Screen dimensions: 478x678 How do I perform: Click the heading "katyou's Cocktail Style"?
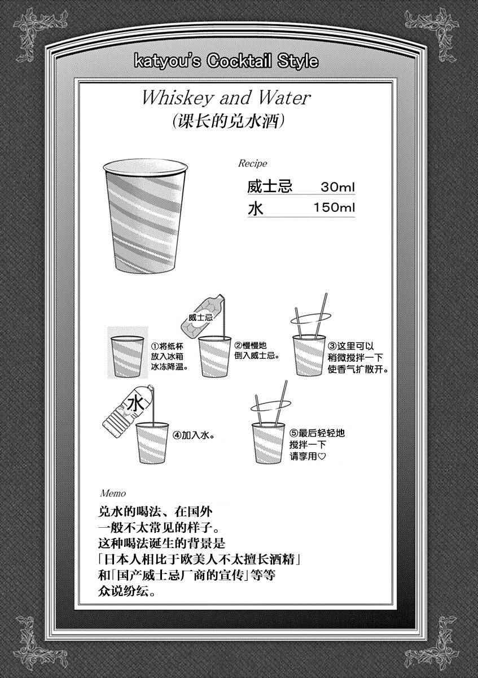(226, 62)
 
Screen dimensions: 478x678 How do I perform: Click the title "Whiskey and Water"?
(226, 98)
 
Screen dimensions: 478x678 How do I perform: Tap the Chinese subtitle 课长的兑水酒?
(228, 122)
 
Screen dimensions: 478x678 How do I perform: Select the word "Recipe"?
(252, 163)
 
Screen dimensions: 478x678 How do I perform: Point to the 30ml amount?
(337, 187)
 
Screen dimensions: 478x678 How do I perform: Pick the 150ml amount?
(334, 208)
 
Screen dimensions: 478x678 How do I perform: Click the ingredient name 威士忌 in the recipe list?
(269, 186)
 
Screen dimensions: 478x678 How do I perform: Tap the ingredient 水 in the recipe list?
(256, 208)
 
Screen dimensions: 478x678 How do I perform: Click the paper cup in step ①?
(128, 357)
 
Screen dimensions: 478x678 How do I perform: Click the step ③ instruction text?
(358, 358)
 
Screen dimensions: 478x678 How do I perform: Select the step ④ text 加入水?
(194, 435)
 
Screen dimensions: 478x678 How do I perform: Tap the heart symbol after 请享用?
(322, 456)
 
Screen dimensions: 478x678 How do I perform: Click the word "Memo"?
(113, 494)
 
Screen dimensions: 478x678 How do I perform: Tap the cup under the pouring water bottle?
(152, 442)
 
